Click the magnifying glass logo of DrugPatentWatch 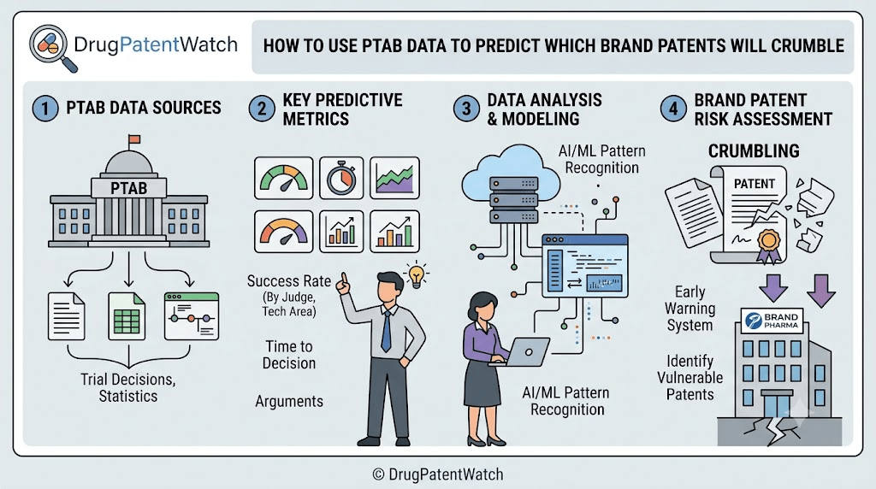51,47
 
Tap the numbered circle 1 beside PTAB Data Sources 45,109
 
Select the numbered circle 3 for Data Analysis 466,109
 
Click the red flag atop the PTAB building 133,139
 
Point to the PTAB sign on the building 128,188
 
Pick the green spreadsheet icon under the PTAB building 127,316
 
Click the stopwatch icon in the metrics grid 341,178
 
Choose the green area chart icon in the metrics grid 394,178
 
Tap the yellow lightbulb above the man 417,274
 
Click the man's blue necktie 386,331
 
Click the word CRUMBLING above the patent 754,150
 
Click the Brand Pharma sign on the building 772,321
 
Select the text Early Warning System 690,309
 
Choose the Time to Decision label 289,355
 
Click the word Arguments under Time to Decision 289,401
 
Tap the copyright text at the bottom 438,474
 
